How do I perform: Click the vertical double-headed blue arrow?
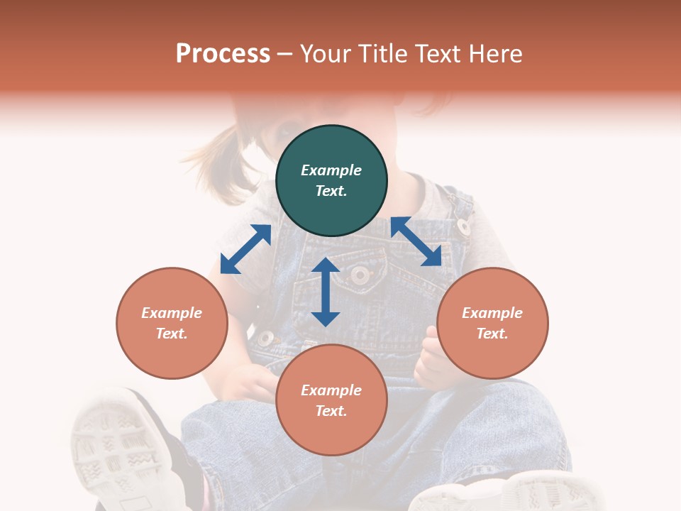point(326,292)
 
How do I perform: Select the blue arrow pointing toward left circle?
point(245,249)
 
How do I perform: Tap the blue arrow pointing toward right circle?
point(416,241)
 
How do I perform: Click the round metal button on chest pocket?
point(360,274)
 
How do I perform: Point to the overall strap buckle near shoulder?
point(463,226)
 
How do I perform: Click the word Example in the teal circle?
point(331,170)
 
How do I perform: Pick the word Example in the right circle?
point(492,313)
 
